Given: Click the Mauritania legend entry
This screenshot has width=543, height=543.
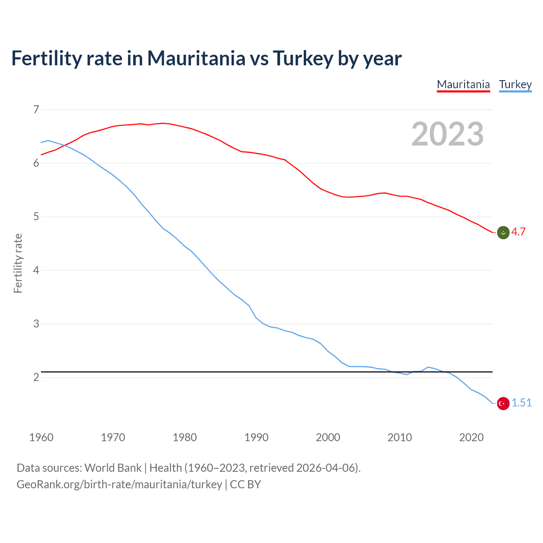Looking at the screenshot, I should (463, 84).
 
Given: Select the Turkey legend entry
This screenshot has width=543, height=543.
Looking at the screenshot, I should (515, 84).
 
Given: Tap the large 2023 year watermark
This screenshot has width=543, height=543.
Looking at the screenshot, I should (447, 134).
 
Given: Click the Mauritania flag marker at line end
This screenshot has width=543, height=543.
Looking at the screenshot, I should (503, 232).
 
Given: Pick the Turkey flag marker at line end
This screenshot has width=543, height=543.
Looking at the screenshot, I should (503, 403).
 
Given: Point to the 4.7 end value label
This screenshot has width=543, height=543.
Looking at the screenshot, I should (518, 232).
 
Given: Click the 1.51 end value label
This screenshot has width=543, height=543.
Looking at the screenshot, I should (521, 403).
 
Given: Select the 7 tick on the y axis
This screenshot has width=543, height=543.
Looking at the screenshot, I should (36, 109).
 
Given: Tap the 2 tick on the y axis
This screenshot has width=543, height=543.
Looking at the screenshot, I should (36, 377).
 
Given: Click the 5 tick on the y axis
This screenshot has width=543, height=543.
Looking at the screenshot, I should (36, 217).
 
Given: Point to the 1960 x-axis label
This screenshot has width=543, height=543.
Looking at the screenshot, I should (41, 437).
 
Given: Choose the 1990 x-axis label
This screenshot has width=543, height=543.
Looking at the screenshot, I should (256, 437).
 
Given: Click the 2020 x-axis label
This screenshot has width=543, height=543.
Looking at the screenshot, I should (471, 437).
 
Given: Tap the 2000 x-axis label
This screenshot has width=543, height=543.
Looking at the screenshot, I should (328, 437).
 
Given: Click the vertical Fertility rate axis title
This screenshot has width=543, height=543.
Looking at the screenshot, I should (18, 263).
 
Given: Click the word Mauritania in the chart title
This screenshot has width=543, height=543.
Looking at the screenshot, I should (196, 58).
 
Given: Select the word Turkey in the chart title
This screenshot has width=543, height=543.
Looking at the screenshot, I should (303, 58).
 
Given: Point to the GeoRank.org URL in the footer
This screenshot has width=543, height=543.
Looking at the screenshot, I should (119, 484).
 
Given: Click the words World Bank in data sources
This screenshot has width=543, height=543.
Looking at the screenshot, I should (113, 468).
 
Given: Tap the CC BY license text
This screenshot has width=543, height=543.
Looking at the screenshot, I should (245, 484).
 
